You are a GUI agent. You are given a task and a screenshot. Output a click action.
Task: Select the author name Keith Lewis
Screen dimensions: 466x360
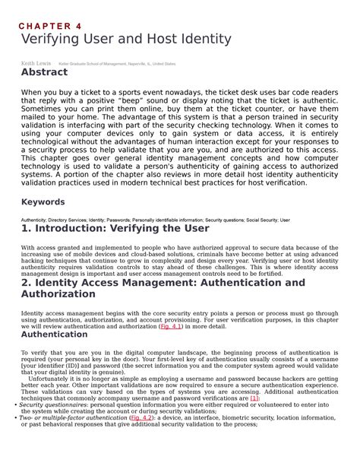click(35, 64)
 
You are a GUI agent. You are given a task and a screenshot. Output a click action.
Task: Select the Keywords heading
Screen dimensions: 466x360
click(46, 204)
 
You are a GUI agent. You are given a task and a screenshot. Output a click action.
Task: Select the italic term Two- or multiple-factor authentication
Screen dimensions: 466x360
click(71, 417)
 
